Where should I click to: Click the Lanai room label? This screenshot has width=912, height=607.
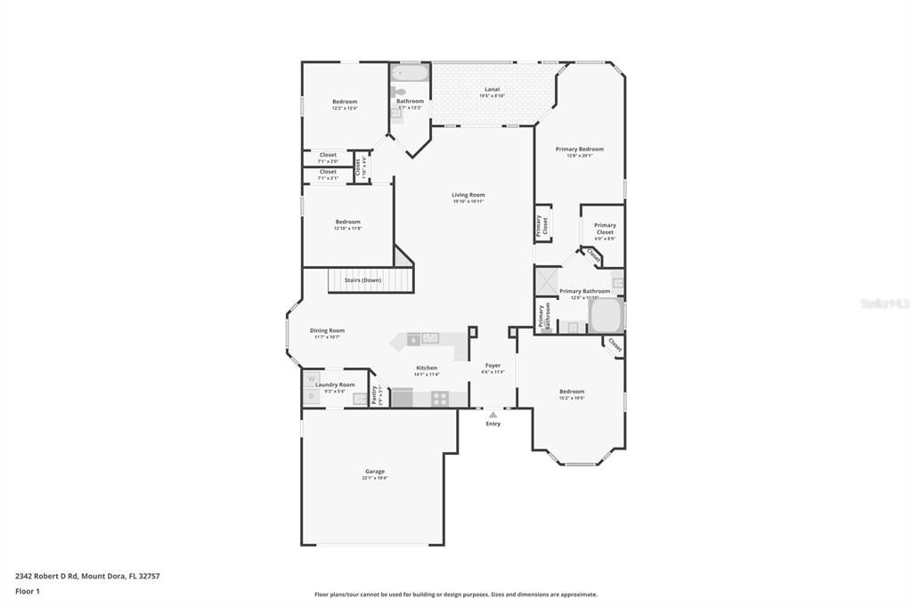pyautogui.click(x=492, y=89)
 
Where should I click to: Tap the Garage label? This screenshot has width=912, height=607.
pyautogui.click(x=375, y=472)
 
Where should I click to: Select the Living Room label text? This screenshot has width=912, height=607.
pyautogui.click(x=468, y=195)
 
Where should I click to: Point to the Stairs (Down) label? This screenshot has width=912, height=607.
pyautogui.click(x=362, y=280)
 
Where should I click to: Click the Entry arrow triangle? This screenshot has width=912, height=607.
pyautogui.click(x=493, y=415)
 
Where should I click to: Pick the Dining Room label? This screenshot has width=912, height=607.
pyautogui.click(x=328, y=330)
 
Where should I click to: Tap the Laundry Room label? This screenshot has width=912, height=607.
pyautogui.click(x=335, y=384)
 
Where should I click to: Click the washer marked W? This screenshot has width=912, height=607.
pyautogui.click(x=312, y=378)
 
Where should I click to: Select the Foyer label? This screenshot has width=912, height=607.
pyautogui.click(x=493, y=365)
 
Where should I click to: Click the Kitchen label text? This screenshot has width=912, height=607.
pyautogui.click(x=427, y=368)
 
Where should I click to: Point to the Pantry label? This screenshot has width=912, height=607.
pyautogui.click(x=374, y=393)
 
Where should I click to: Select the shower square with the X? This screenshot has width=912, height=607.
pyautogui.click(x=546, y=281)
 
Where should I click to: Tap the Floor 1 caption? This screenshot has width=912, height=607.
pyautogui.click(x=28, y=591)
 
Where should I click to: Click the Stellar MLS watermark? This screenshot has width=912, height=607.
pyautogui.click(x=884, y=303)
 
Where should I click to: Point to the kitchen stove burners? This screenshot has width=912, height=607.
pyautogui.click(x=440, y=399)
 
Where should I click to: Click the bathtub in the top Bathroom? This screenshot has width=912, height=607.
pyautogui.click(x=411, y=72)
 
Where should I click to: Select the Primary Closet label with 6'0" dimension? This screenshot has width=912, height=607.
pyautogui.click(x=605, y=229)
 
